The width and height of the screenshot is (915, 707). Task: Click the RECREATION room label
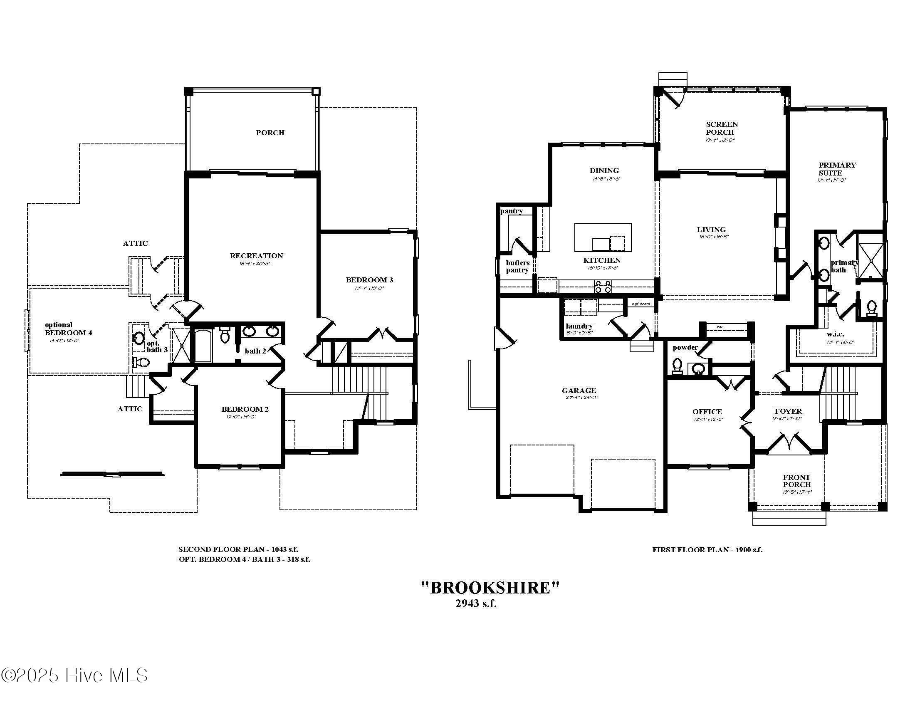click(x=256, y=255)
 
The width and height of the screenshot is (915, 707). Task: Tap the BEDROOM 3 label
click(x=369, y=280)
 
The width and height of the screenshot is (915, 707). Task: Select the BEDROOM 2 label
click(x=245, y=409)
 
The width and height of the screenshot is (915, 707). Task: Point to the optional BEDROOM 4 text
click(x=68, y=329)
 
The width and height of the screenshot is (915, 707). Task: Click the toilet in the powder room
click(x=677, y=366)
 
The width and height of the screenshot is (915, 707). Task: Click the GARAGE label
click(x=579, y=391)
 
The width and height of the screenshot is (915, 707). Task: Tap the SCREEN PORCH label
click(x=722, y=128)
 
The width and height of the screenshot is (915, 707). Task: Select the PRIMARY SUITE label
click(x=837, y=169)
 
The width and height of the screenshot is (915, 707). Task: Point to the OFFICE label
click(x=707, y=412)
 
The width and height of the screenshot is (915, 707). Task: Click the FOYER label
click(x=788, y=411)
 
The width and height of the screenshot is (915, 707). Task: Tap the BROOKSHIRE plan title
click(x=490, y=588)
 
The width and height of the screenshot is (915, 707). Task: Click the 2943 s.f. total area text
click(x=476, y=603)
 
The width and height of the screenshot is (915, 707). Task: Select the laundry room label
click(x=579, y=326)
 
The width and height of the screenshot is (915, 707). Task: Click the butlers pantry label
click(x=517, y=267)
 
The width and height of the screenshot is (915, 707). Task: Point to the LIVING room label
click(x=711, y=230)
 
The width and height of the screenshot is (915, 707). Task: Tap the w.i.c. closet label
click(x=835, y=334)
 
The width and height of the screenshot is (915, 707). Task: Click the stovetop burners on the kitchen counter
click(x=603, y=287)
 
